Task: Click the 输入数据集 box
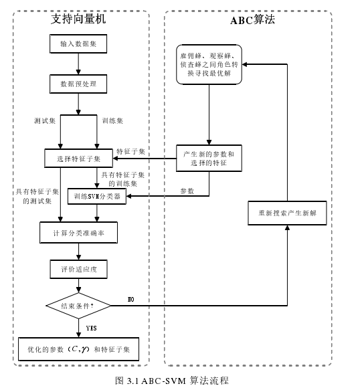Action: [x=79, y=44]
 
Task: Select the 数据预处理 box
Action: [x=79, y=84]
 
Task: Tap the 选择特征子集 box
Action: [x=79, y=159]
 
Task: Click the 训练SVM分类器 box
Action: [x=98, y=197]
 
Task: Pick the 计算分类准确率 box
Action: [x=79, y=233]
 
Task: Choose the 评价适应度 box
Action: [x=79, y=269]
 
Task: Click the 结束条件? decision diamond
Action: [x=78, y=306]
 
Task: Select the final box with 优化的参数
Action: [x=79, y=349]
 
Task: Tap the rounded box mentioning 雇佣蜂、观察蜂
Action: [x=209, y=64]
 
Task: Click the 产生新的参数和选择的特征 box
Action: [x=209, y=159]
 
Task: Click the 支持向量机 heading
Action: [x=78, y=19]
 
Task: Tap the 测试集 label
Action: [x=44, y=121]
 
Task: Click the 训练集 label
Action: [x=112, y=121]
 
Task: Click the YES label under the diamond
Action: [x=92, y=328]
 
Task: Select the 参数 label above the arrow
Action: [x=187, y=191]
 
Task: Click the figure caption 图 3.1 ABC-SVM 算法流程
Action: [x=172, y=380]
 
